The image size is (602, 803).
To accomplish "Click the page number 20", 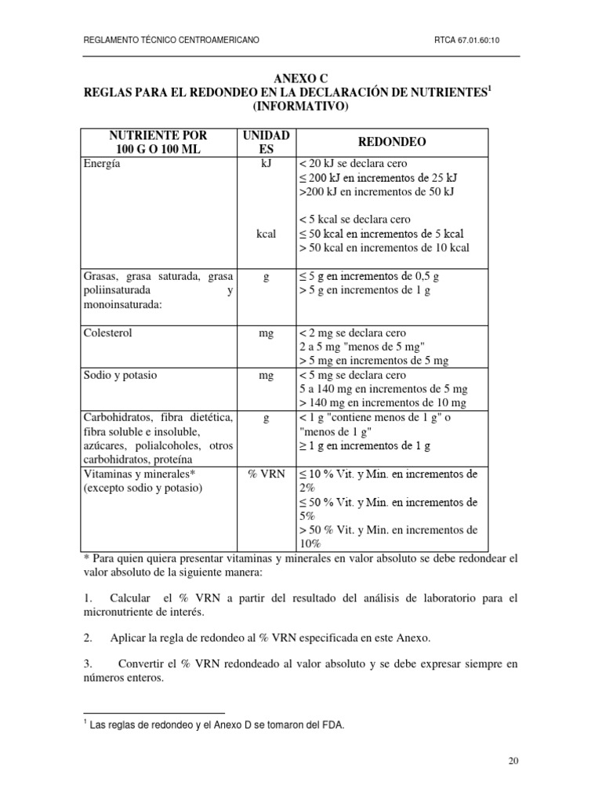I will [513, 760].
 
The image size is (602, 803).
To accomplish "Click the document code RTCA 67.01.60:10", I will [476, 40].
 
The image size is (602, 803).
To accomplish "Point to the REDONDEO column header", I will [391, 142].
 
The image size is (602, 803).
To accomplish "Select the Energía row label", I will [102, 164].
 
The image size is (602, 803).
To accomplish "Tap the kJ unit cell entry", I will [266, 164].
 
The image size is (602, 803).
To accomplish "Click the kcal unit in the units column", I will [266, 234].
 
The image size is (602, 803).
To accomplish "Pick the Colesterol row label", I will [107, 333].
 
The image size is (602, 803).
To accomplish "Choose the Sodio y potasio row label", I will [119, 376].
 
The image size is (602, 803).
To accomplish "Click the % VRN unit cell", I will [266, 474].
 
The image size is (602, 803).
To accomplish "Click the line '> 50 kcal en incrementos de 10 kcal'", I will [384, 248].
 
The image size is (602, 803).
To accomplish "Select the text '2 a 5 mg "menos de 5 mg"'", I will [362, 347].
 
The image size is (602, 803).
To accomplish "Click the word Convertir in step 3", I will [144, 663].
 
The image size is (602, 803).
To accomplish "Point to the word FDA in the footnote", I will [332, 726].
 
